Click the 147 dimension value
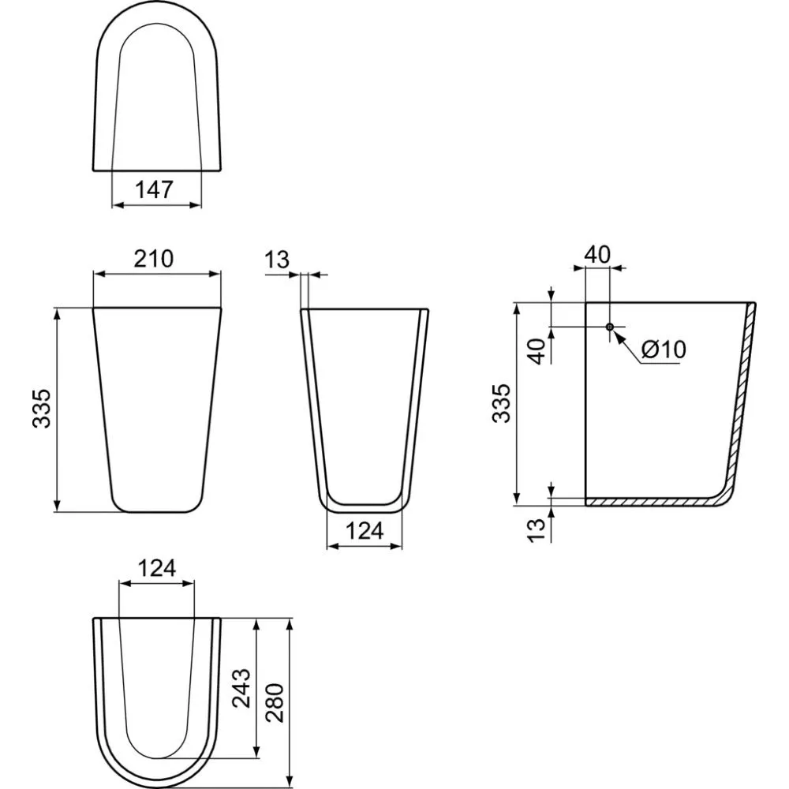pos(156,190)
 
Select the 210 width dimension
pos(155,258)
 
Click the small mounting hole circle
pos(610,326)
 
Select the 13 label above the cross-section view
pos(278,259)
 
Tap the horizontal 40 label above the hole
pos(597,254)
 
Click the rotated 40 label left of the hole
pos(537,350)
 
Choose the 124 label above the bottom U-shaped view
pos(156,567)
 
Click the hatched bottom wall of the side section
pos(647,501)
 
